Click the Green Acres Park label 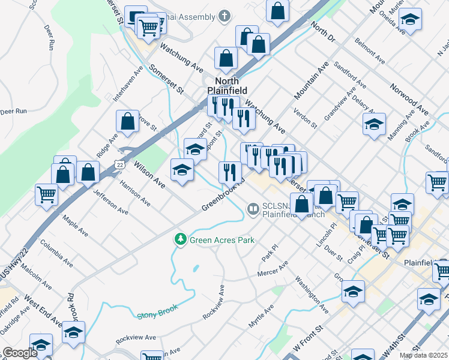coord(222,240)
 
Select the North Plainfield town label coord(227,86)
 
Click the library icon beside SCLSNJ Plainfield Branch coord(253,209)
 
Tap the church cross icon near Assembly coord(224,15)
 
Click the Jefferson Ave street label coord(110,203)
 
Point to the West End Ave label coord(43,311)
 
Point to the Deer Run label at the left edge coord(14,111)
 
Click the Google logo coord(20,353)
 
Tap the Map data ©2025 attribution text coord(423,355)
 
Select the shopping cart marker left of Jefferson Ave coord(46,194)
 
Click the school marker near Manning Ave coord(374,124)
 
